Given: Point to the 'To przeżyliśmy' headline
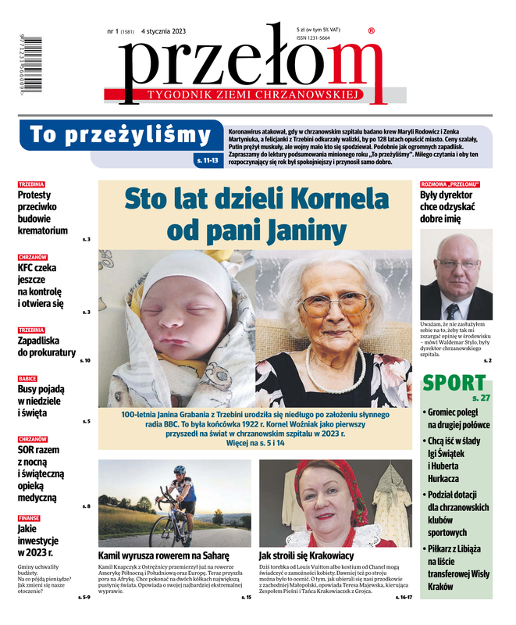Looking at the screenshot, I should pos(121,135).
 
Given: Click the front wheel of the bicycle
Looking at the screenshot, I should pos(164,531).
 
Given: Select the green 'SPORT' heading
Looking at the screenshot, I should pos(454,383).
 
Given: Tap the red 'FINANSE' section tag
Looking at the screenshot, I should pos(30,518).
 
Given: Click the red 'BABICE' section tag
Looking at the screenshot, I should pos(27,378).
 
